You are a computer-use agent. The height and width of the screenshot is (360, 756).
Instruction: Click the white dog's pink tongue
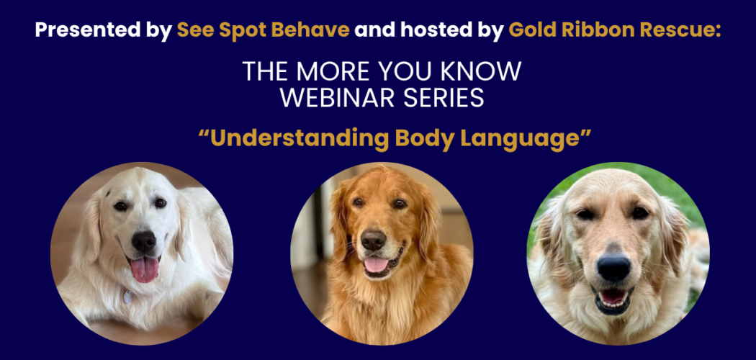[145, 269]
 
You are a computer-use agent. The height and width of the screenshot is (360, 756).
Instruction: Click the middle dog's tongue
[376, 265]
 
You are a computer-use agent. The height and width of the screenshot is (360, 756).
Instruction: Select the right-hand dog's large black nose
[613, 267]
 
